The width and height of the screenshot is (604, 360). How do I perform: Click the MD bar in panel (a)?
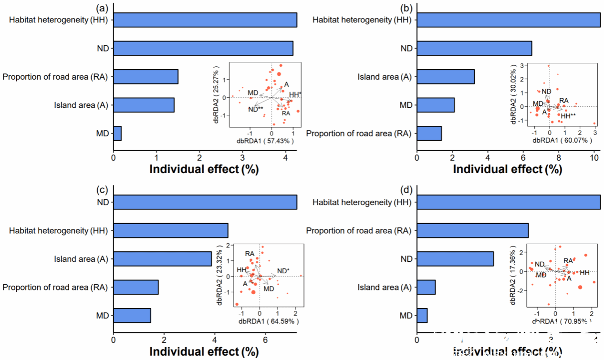coord(117,134)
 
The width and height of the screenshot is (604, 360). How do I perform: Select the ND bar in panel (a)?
coord(203,48)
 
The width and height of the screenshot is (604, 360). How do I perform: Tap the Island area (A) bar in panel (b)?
coord(446,77)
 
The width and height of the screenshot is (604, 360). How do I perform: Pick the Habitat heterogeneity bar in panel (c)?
coord(170,231)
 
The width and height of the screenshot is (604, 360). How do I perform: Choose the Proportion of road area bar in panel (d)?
coord(472,231)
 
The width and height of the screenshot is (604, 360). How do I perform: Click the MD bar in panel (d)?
coord(422,316)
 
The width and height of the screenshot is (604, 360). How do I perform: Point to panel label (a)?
coord(102,8)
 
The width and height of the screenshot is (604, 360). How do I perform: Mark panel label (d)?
coord(406,189)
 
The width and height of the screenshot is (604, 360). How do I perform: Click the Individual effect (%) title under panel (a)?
coord(204,169)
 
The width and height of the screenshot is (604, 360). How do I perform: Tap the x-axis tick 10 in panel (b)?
coord(594,157)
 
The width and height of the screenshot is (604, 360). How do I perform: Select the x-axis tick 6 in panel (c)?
coord(265,339)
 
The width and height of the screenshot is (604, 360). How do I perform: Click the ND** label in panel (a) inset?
coord(256,109)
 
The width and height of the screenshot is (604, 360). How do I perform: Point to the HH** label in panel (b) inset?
coord(568,115)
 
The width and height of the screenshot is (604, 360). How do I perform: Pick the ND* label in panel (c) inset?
coord(283,271)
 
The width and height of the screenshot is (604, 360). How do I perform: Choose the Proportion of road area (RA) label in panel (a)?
coord(54,77)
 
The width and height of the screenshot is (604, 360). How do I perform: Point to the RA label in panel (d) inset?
coord(568,261)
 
